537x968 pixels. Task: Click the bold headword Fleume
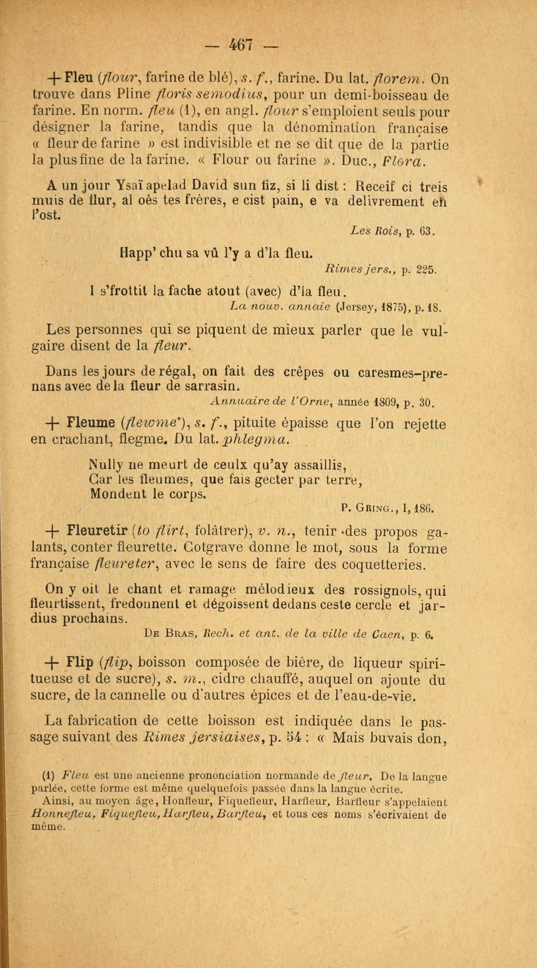click(90, 423)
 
